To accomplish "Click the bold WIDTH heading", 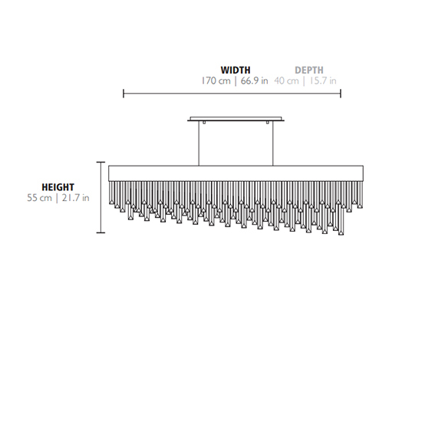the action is point(236,70).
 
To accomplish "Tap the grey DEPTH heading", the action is point(309,70).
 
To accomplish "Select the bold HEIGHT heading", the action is point(58,187).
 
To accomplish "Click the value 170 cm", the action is point(216,81).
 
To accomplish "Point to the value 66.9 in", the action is point(254,81).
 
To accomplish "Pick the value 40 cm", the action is point(286,81).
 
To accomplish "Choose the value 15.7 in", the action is point(322,81).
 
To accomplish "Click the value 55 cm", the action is point(39,198).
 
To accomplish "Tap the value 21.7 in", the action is point(76,198).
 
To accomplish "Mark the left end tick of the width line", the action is point(124,94).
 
